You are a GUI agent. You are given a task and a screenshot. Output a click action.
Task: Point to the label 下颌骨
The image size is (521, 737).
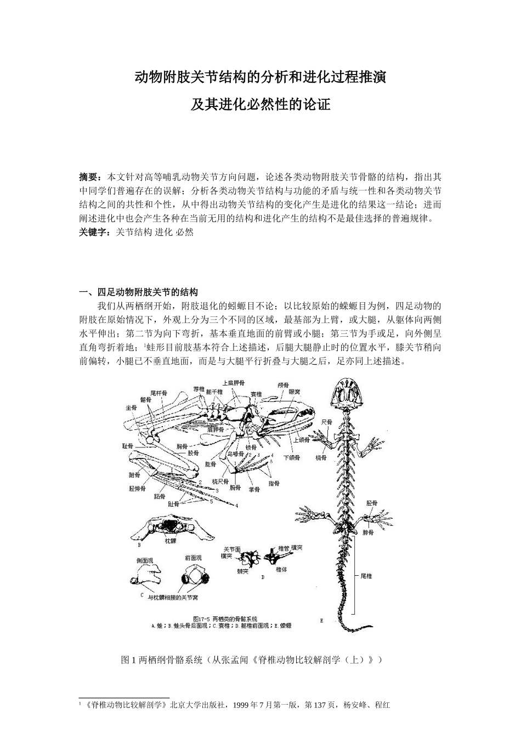[x=291, y=457]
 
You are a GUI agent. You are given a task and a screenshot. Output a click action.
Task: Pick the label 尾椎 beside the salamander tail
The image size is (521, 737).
[x=366, y=576]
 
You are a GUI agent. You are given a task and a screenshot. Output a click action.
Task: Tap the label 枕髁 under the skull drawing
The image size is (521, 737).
[x=171, y=542]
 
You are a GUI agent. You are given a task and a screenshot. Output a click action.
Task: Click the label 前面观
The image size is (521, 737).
[x=192, y=558]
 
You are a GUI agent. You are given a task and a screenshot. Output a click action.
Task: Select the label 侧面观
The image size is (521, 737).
[x=144, y=560]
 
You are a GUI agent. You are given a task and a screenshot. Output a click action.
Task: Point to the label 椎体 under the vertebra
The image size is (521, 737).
[x=281, y=570]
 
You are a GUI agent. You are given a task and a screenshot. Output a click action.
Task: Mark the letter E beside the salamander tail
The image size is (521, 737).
[x=321, y=621]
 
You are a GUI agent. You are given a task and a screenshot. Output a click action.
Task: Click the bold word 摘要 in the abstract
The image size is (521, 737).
[x=89, y=177]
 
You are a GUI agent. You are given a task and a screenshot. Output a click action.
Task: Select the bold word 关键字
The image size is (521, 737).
[x=93, y=233]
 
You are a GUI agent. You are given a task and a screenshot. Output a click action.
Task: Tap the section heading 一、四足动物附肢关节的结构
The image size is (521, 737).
[x=139, y=292]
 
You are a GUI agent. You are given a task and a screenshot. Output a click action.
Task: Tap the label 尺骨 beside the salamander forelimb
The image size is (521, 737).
[x=327, y=422]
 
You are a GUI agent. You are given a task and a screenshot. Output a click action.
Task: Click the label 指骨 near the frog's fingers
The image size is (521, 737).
[x=274, y=484]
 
